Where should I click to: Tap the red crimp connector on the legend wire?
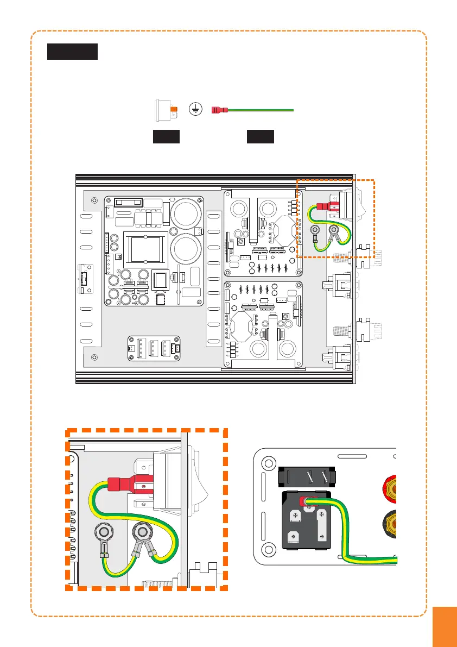click(x=219, y=110)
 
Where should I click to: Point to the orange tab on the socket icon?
click(x=174, y=110)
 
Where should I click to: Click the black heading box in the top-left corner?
click(x=72, y=52)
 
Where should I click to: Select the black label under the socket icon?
click(x=166, y=136)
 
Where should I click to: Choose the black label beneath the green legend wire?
click(x=260, y=136)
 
